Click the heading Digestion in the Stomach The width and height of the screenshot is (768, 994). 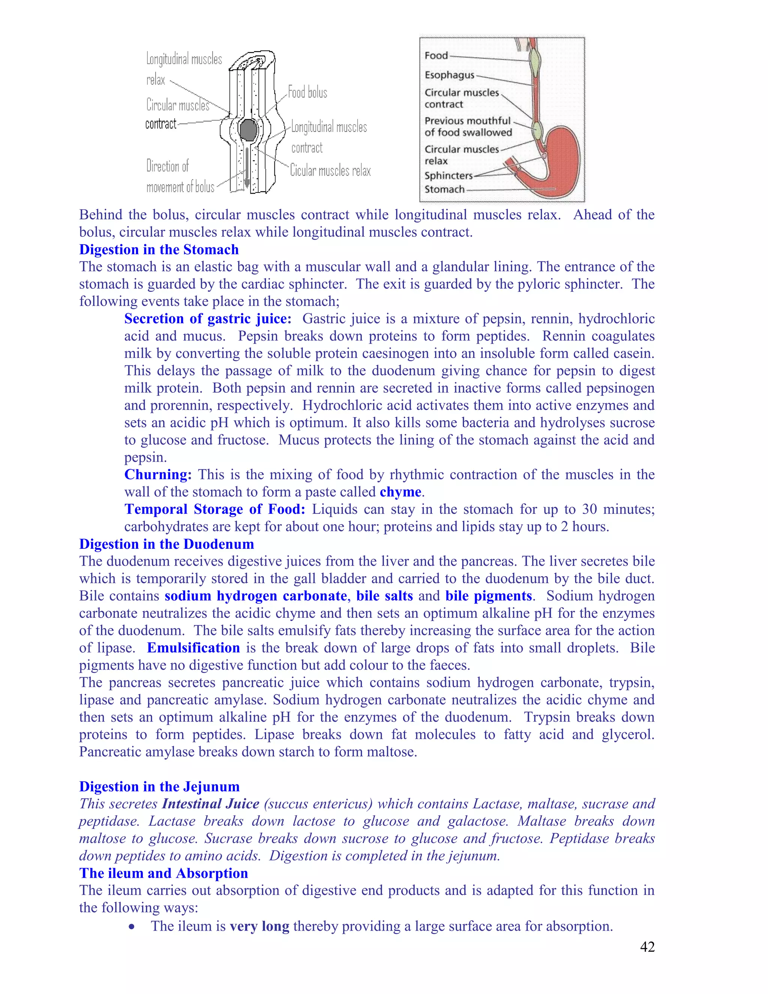159,250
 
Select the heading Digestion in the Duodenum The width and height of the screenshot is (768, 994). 166,544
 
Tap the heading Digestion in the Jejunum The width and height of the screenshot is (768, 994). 159,787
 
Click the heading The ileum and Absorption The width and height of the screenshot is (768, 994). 163,873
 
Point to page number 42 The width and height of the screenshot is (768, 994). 647,947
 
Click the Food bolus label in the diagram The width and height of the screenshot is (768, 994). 307,92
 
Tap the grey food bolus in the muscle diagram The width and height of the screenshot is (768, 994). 248,130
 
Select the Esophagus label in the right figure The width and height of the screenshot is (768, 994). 449,75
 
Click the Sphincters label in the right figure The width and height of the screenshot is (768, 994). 448,176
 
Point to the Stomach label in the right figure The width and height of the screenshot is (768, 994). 444,189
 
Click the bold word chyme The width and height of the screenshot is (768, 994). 400,492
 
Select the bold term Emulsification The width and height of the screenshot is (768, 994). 193,648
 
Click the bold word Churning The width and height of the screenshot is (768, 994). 158,475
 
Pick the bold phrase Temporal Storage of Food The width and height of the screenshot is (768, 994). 214,510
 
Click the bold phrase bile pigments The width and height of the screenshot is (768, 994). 488,596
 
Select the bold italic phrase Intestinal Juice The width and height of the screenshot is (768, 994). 211,804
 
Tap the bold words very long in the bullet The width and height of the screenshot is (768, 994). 259,926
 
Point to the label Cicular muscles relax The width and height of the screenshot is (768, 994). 330,171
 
